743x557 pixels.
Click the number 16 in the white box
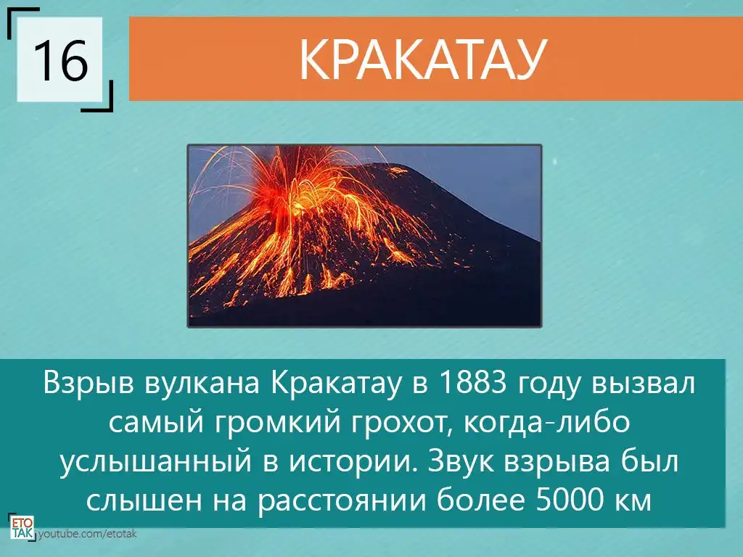pos(61,59)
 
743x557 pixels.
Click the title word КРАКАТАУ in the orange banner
pos(423,59)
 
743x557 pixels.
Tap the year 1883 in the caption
pos(473,383)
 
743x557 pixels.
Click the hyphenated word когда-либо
pos(546,421)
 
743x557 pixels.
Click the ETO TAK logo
pos(22,528)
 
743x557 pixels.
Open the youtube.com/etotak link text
pos(88,535)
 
